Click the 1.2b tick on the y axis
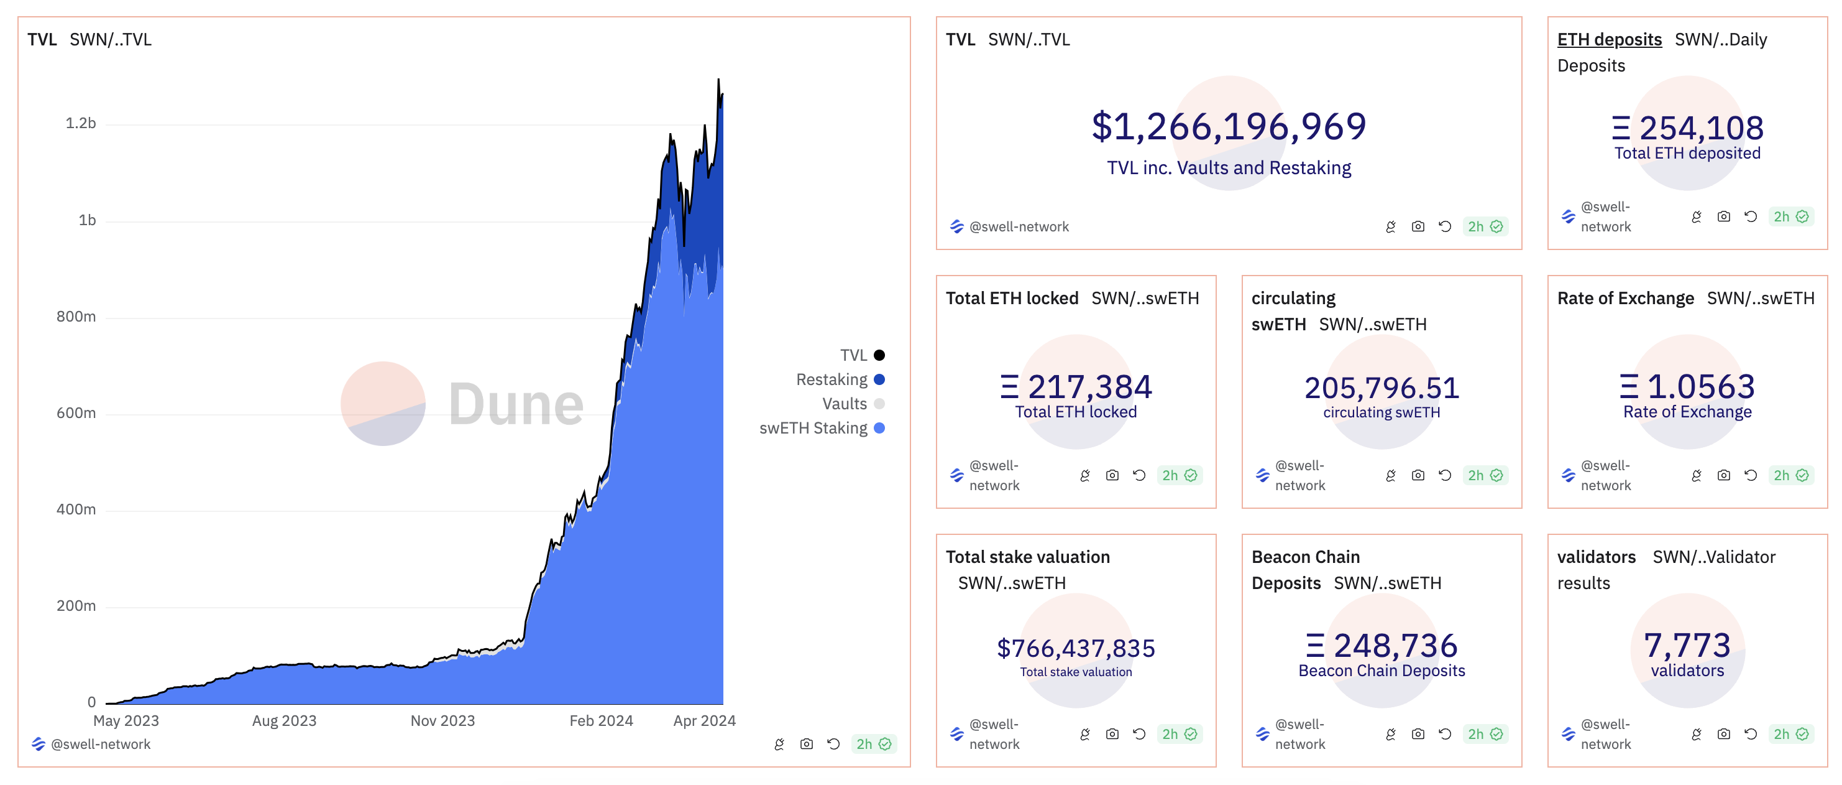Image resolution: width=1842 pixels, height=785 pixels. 80,123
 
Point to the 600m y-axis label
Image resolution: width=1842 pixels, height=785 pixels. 76,413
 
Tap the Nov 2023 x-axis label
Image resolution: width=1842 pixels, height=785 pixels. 442,720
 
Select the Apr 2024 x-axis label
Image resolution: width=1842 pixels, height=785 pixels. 703,720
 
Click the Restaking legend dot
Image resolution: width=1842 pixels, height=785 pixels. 879,379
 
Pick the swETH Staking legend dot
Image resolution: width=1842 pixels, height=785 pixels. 879,428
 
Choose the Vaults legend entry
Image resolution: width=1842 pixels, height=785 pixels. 845,404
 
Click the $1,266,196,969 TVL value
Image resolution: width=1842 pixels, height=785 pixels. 1229,127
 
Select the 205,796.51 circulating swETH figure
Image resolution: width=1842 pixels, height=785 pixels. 1381,388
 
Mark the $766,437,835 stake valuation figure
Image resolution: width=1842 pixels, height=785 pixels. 1076,648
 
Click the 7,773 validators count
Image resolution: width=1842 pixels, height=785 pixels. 1687,646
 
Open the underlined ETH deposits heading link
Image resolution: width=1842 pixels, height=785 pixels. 1609,39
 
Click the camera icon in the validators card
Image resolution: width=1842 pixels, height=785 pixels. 1724,733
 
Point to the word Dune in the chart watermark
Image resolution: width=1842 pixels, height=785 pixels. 516,404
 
